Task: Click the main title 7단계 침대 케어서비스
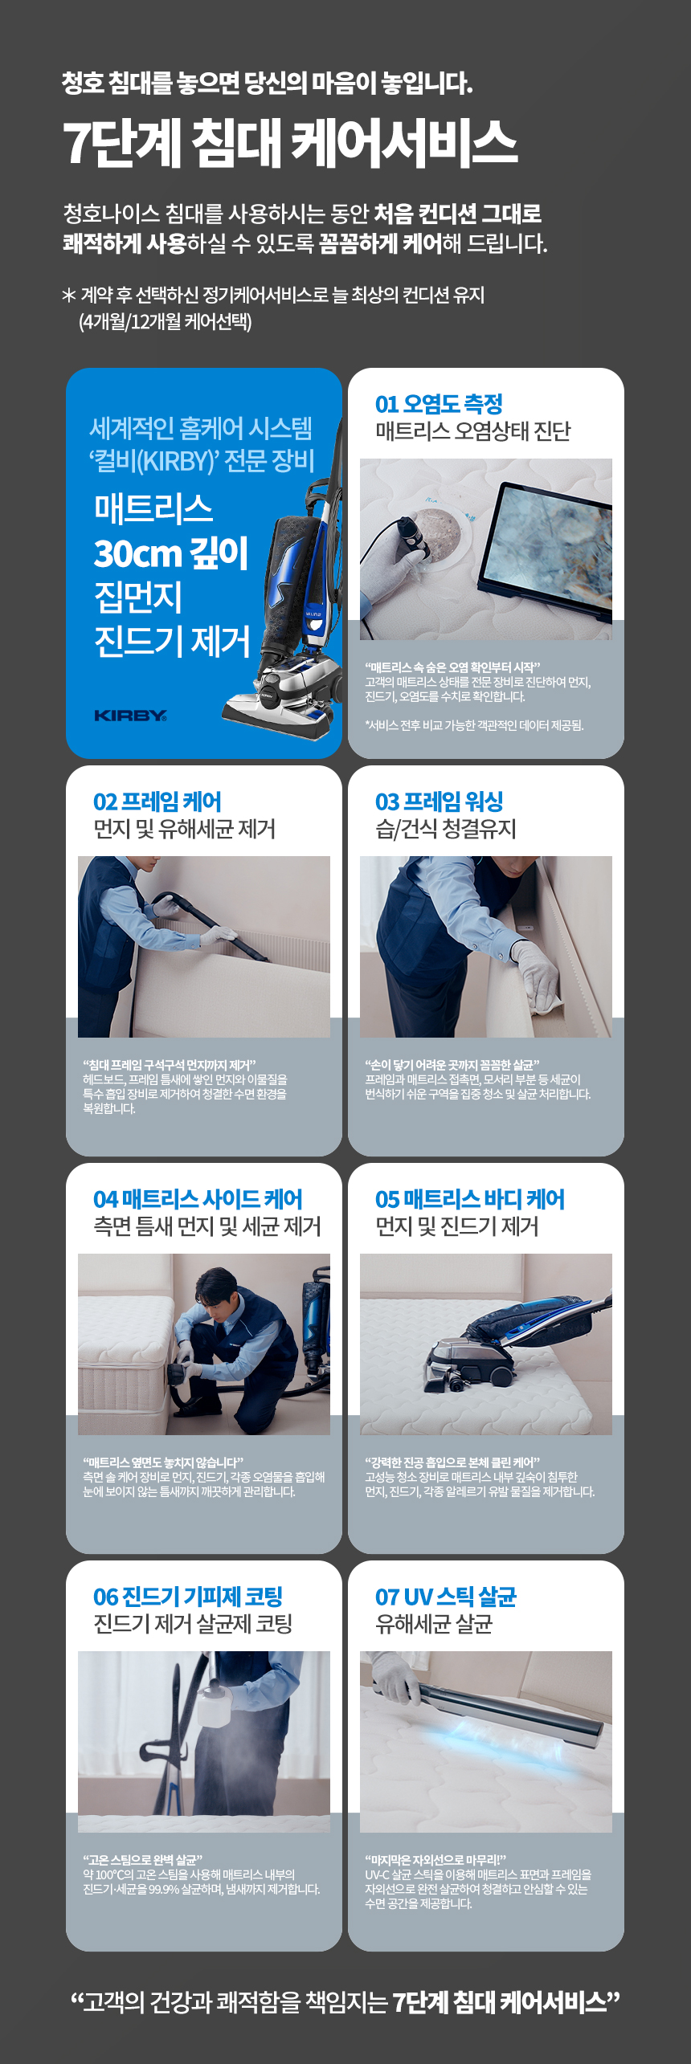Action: tap(290, 143)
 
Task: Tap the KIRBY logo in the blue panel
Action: tap(130, 715)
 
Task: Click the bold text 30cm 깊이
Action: tap(170, 553)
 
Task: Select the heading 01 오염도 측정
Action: tap(439, 403)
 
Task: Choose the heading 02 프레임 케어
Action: tap(157, 801)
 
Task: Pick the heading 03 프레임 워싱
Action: tap(439, 801)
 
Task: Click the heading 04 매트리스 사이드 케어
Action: tap(198, 1198)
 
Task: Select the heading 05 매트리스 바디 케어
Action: tap(470, 1198)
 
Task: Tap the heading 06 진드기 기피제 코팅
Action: tap(188, 1596)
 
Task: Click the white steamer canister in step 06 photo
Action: tap(214, 1706)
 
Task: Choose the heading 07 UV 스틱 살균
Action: tap(446, 1596)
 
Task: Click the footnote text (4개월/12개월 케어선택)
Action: tap(166, 322)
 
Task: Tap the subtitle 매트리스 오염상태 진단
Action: tap(473, 431)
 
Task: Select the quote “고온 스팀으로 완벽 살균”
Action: tap(143, 1859)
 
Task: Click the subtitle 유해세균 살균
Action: tap(434, 1624)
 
